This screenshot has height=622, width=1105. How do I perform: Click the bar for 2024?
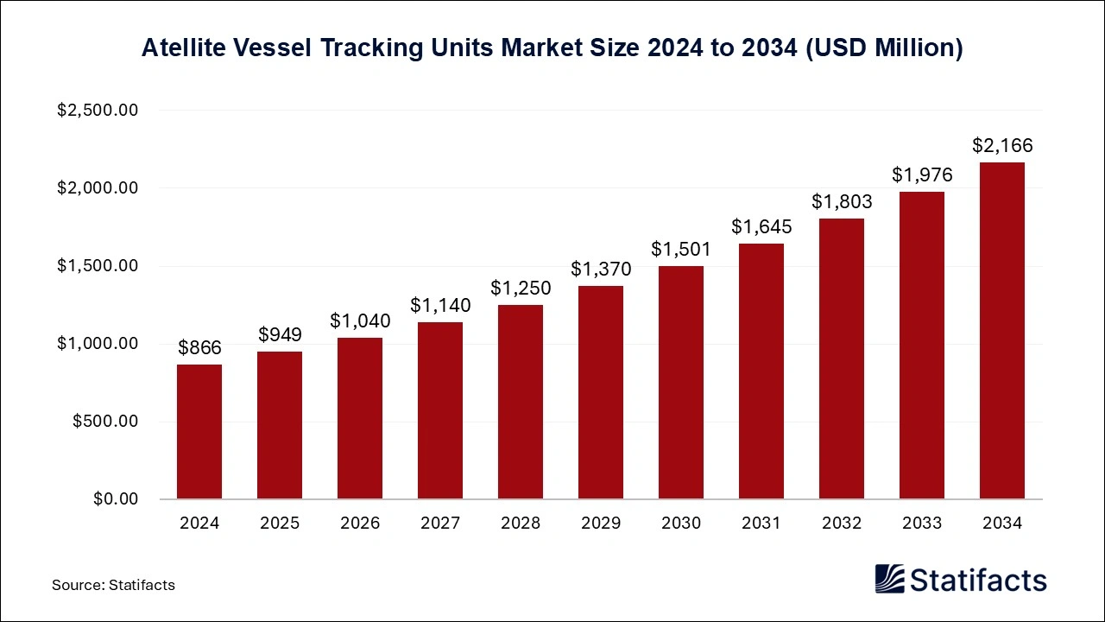[x=199, y=432]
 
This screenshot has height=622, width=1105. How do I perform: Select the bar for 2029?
[x=601, y=393]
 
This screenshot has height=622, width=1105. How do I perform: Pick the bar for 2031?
[x=761, y=371]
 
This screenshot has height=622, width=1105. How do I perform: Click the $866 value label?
[x=199, y=348]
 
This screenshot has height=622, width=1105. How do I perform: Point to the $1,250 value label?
[x=521, y=289]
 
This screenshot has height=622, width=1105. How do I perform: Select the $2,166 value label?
[x=1002, y=146]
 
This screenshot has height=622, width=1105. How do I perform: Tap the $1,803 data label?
[x=842, y=202]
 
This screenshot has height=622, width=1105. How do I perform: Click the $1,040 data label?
[x=360, y=321]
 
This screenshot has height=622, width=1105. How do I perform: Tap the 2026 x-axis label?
[x=360, y=524]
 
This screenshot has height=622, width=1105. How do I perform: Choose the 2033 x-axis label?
[x=922, y=524]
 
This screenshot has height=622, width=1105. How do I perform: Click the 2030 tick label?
[x=681, y=524]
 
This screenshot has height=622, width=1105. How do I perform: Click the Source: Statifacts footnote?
[x=113, y=585]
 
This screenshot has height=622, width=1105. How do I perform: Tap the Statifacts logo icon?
[x=890, y=579]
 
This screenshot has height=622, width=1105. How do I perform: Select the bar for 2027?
[x=440, y=410]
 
